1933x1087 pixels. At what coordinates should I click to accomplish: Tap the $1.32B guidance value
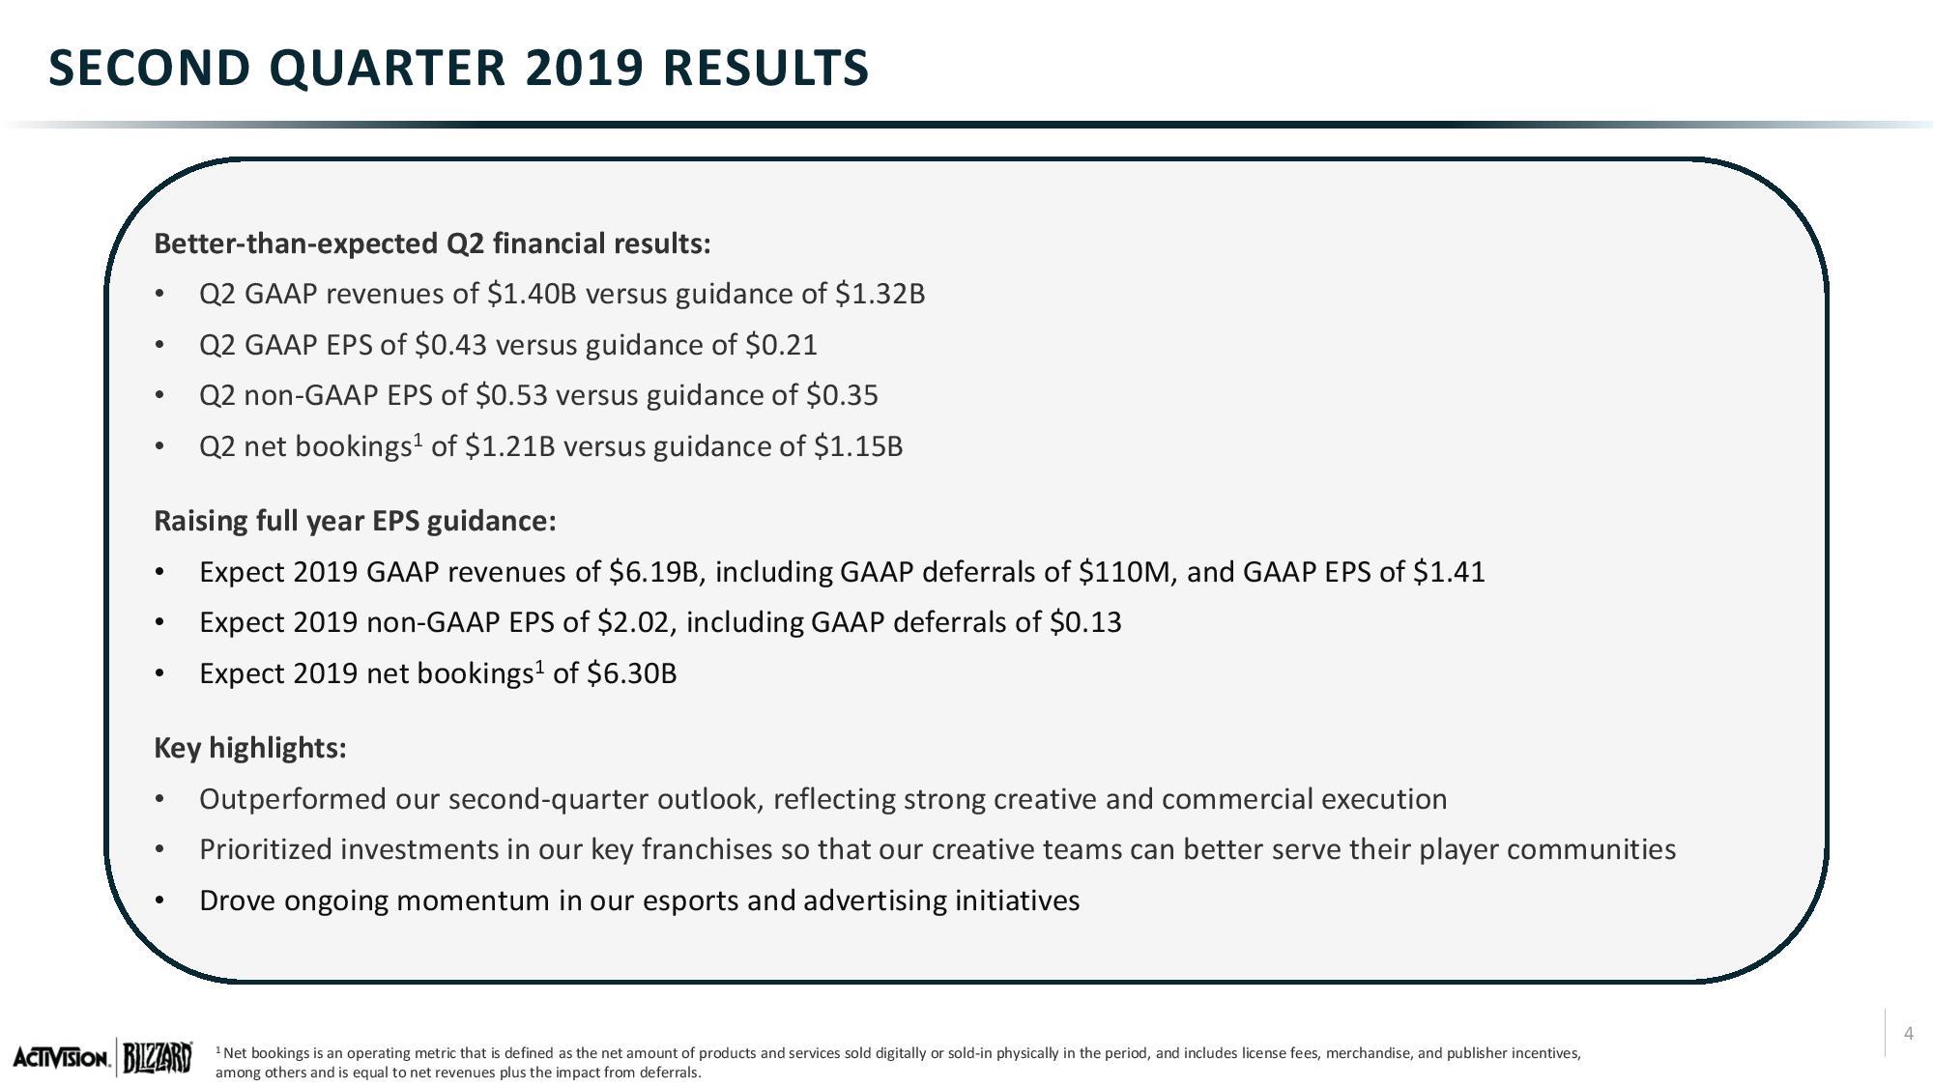[x=880, y=294]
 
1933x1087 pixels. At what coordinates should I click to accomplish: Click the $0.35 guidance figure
[x=842, y=395]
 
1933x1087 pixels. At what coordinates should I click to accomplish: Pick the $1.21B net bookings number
[x=509, y=446]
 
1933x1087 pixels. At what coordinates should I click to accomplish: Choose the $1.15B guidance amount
[x=858, y=446]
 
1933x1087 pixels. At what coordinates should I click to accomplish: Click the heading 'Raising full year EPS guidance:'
[x=356, y=522]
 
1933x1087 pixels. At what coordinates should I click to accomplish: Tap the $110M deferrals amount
[x=1126, y=572]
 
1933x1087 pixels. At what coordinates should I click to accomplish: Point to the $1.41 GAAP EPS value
[x=1449, y=572]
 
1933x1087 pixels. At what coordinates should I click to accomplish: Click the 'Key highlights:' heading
[x=250, y=748]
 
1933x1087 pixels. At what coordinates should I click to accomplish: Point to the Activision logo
[x=62, y=1059]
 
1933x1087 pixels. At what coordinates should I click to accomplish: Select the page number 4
[x=1909, y=1034]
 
